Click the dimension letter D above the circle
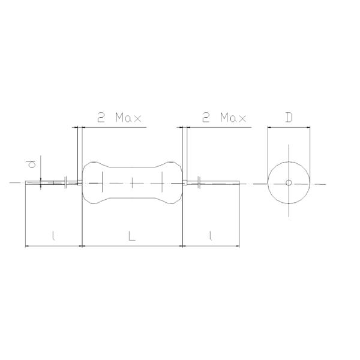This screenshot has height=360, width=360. pyautogui.click(x=289, y=117)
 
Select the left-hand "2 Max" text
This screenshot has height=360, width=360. pyautogui.click(x=119, y=118)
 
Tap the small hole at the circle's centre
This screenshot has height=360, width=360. pyautogui.click(x=289, y=182)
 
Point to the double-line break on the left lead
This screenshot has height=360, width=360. pyautogui.click(x=65, y=182)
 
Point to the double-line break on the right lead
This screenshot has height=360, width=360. pyautogui.click(x=199, y=182)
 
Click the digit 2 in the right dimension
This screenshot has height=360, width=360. pyautogui.click(x=206, y=118)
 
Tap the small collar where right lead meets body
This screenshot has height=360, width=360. pyautogui.click(x=185, y=182)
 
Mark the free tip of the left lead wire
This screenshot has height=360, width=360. pyautogui.click(x=26, y=182)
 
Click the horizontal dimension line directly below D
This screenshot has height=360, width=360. pyautogui.click(x=289, y=127)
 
